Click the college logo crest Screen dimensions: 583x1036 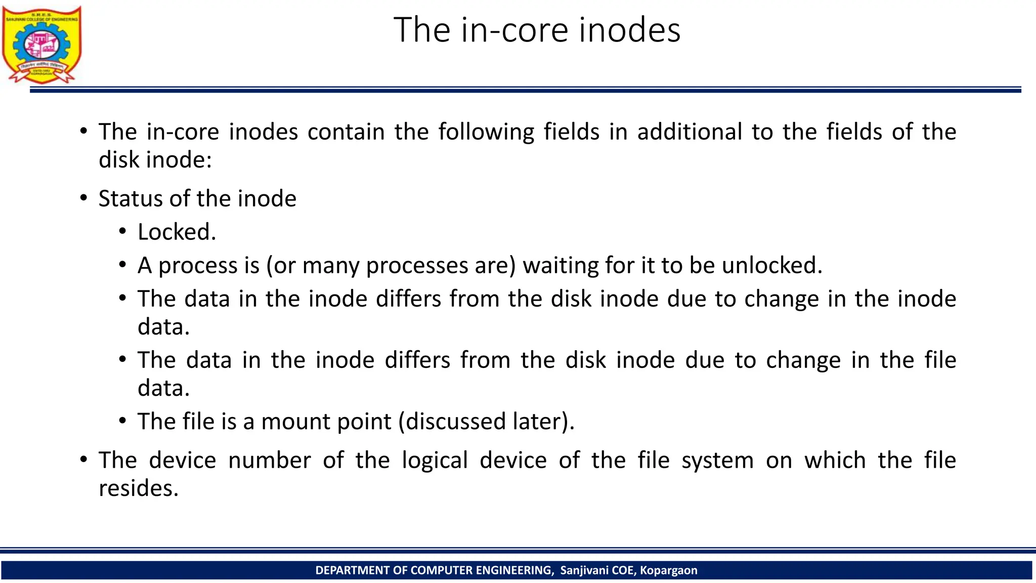coord(41,45)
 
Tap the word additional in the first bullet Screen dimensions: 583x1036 coord(689,132)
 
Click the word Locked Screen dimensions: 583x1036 coord(177,232)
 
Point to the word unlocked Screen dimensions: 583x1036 coord(772,266)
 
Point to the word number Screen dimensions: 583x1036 coord(269,461)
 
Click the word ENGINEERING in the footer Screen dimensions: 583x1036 coord(514,570)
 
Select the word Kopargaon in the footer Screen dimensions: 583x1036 coord(668,570)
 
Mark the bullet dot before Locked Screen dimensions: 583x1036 coord(122,232)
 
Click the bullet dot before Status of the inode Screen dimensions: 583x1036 coord(83,198)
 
